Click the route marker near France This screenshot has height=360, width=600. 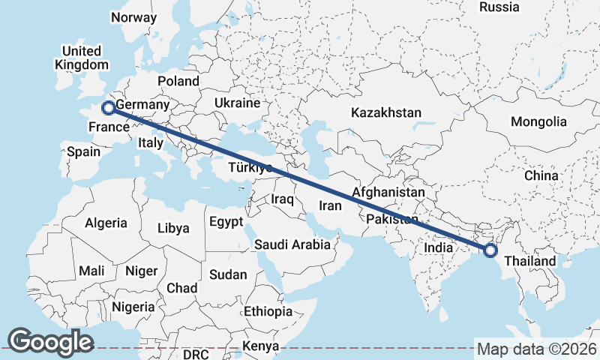108,107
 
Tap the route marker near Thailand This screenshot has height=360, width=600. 490,250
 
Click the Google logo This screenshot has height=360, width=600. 50,341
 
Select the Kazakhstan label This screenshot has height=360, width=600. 386,112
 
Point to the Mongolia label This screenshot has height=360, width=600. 538,121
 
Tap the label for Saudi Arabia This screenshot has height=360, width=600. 292,244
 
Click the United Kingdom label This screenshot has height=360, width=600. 82,58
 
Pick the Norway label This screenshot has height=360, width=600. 133,17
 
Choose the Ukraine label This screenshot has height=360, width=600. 237,103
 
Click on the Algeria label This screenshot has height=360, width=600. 106,223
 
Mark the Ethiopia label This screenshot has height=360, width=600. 268,311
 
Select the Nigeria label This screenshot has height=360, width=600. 133,307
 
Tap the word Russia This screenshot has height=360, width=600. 499,7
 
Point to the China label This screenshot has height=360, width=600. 541,175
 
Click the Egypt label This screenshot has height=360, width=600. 226,222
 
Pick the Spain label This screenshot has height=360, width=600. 83,151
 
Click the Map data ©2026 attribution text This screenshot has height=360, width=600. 536,349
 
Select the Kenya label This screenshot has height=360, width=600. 261,346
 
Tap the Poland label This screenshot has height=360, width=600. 178,81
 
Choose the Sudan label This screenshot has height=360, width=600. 228,275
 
